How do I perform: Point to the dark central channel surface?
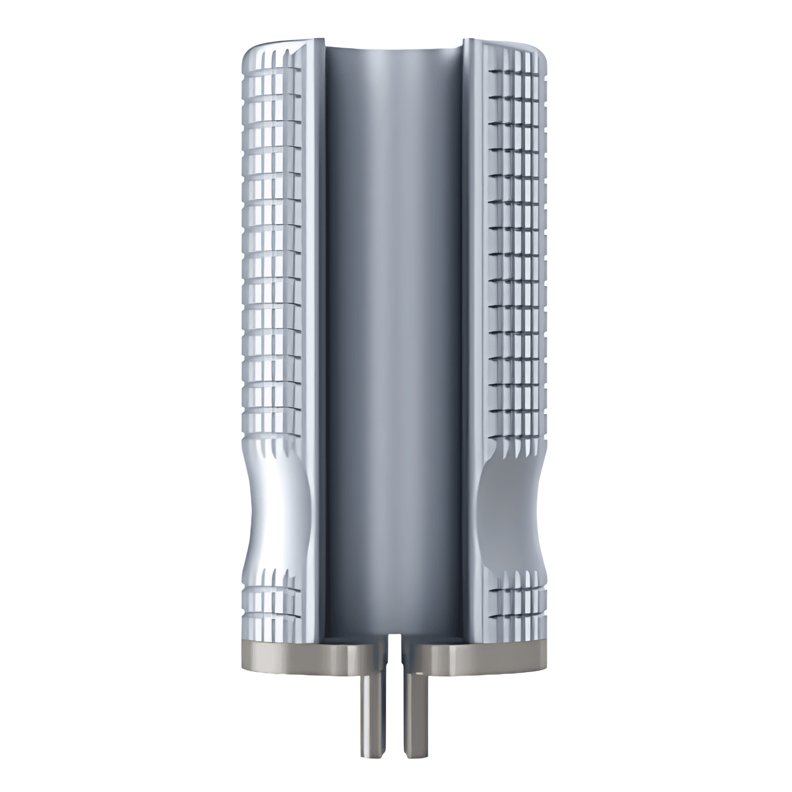click(x=394, y=330)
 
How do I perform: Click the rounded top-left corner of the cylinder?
click(x=250, y=54)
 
